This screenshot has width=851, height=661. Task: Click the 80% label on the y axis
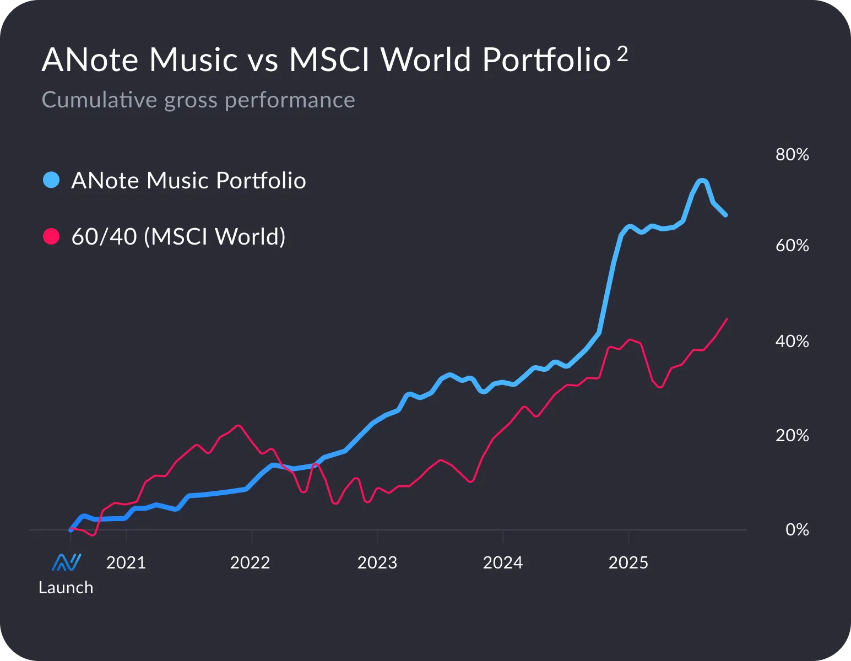pos(792,155)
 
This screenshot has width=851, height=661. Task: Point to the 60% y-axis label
pos(792,246)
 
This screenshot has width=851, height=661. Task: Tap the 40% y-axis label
pos(792,342)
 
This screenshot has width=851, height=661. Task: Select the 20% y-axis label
pos(792,436)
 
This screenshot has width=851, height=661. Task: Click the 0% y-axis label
pos(796,530)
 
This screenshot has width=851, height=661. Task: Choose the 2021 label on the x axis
pos(126,562)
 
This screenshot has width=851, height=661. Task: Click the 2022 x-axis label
pos(250,562)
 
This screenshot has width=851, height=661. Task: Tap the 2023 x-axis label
pos(377,562)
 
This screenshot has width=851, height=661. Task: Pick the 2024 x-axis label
pos(503,562)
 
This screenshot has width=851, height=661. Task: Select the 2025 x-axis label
pos(628,562)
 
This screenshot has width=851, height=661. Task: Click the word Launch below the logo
pos(66,588)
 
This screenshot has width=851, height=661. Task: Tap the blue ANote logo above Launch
pos(67,562)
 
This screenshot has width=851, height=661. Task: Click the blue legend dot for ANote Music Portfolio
pos(51,180)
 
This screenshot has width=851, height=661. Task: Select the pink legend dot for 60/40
pos(51,236)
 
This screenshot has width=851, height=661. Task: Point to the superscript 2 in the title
pos(622,54)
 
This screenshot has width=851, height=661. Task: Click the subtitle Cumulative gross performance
pos(198,100)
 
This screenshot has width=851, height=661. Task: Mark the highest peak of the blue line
pos(702,181)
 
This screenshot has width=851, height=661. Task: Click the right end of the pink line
pos(728,319)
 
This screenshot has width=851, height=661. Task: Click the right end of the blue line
pos(725,215)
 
